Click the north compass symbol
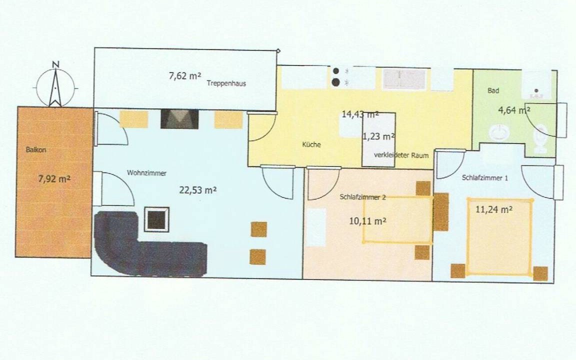tap(56, 85)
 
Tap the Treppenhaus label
tap(226, 83)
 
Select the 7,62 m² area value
tap(185, 76)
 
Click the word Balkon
tap(36, 150)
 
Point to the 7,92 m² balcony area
tap(54, 179)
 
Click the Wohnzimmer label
tap(146, 172)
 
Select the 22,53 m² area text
tap(197, 190)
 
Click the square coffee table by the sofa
tap(157, 219)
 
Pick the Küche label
tap(311, 144)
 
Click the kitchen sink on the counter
tap(404, 79)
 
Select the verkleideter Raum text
tap(401, 155)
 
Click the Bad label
tap(493, 90)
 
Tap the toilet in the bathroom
tap(540, 138)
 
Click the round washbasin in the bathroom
tap(500, 132)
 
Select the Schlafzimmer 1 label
tap(485, 178)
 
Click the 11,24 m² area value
tap(494, 210)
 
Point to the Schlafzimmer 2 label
tap(362, 197)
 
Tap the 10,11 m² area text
tap(367, 221)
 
